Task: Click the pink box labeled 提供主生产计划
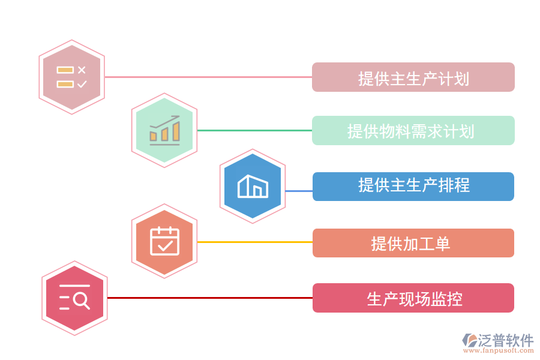click(x=413, y=77)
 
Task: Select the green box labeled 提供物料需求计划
click(x=413, y=130)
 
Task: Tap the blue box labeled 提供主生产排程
click(x=413, y=186)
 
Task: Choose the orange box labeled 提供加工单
click(x=413, y=243)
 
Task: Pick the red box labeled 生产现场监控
click(x=413, y=298)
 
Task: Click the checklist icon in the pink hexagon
click(x=71, y=77)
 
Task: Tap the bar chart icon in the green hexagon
click(x=164, y=130)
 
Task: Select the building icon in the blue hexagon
click(x=253, y=186)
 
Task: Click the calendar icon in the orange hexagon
click(x=164, y=241)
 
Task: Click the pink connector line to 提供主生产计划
click(x=208, y=77)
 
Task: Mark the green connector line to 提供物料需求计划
click(x=254, y=130)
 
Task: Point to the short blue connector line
click(x=298, y=191)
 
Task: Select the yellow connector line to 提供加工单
click(x=254, y=242)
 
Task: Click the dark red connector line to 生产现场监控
click(x=209, y=298)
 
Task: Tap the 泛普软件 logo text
click(x=505, y=340)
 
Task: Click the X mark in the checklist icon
click(x=82, y=70)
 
